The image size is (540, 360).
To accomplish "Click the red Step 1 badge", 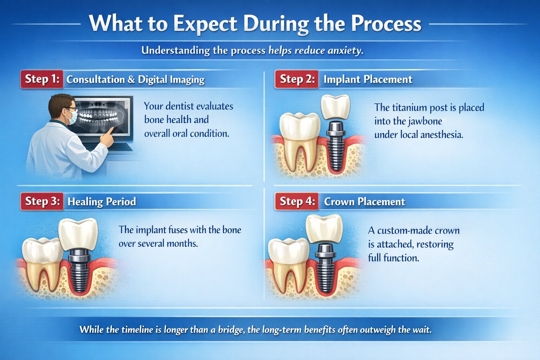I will click(x=42, y=79).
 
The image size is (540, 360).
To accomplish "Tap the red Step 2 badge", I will click(x=297, y=79).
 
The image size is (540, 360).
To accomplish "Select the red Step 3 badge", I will click(x=42, y=201).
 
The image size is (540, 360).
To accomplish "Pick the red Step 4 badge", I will click(x=297, y=201).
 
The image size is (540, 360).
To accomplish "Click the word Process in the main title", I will click(x=386, y=24).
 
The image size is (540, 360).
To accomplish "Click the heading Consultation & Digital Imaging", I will click(x=135, y=80).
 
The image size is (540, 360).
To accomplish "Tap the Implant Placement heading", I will click(x=368, y=79).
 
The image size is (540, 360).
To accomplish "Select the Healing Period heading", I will click(x=102, y=202).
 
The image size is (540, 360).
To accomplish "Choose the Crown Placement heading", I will click(x=364, y=202).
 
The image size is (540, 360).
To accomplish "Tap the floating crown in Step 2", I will click(x=336, y=107).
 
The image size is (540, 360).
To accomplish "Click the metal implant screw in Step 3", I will click(x=80, y=271).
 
